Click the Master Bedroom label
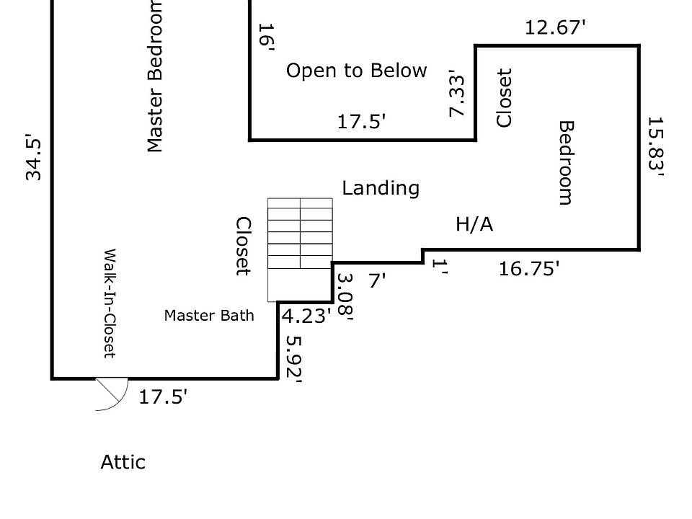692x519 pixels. click(x=155, y=76)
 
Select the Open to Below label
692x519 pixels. click(x=356, y=71)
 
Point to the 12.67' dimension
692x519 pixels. click(x=555, y=27)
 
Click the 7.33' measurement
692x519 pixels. click(x=457, y=93)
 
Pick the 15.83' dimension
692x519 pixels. click(x=655, y=146)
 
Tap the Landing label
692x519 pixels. click(x=381, y=188)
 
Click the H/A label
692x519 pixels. click(x=474, y=225)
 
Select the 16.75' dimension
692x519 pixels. click(x=529, y=269)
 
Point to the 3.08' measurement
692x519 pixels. click(x=345, y=296)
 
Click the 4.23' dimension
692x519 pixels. click(x=306, y=316)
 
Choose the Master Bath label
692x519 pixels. click(x=209, y=315)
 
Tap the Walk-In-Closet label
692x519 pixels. click(x=110, y=303)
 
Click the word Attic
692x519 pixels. click(x=123, y=462)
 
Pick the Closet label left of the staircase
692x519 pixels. click(x=244, y=246)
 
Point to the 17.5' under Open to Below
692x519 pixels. click(x=362, y=122)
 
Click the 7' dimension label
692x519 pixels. click(x=375, y=280)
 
